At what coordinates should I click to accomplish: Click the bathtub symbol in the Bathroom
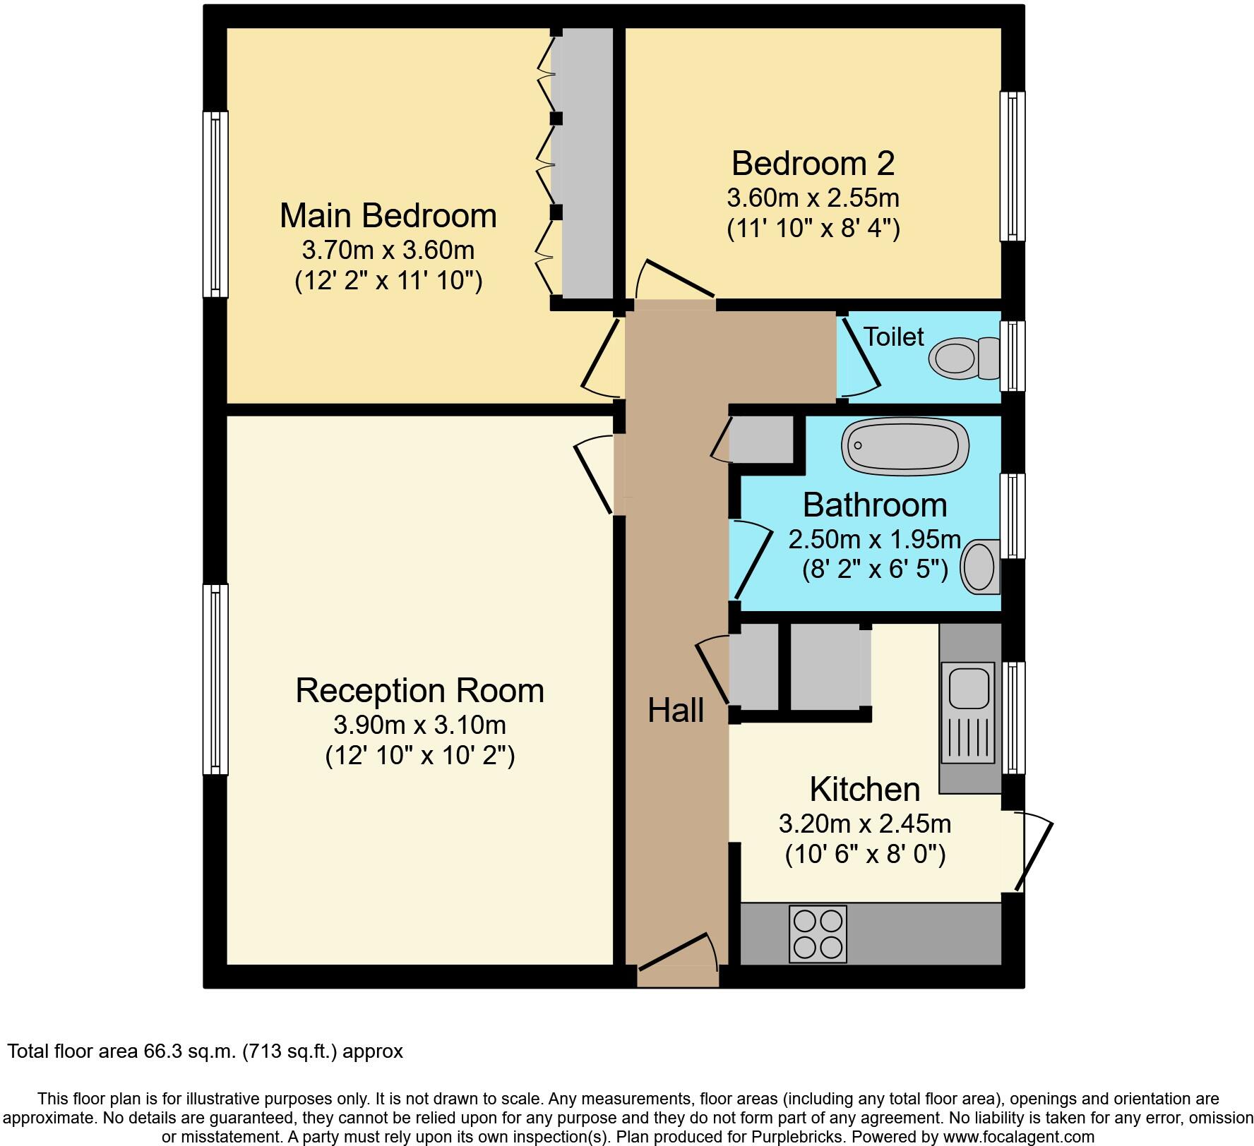coord(904,446)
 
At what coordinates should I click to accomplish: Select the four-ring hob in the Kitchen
coord(818,934)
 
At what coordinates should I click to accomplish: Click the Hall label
coord(676,711)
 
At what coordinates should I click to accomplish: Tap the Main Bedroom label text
coord(388,215)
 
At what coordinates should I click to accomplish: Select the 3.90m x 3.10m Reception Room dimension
coord(419,725)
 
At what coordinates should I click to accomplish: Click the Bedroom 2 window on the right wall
coord(1013,166)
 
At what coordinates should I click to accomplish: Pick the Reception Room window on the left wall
coord(215,679)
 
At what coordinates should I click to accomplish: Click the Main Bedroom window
coord(215,204)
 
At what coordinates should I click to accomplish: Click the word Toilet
coord(893,337)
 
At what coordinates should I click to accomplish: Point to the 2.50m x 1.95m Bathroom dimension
coord(875,540)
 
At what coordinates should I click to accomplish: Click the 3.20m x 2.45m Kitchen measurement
coord(864,824)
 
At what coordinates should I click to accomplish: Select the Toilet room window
coord(1013,356)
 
